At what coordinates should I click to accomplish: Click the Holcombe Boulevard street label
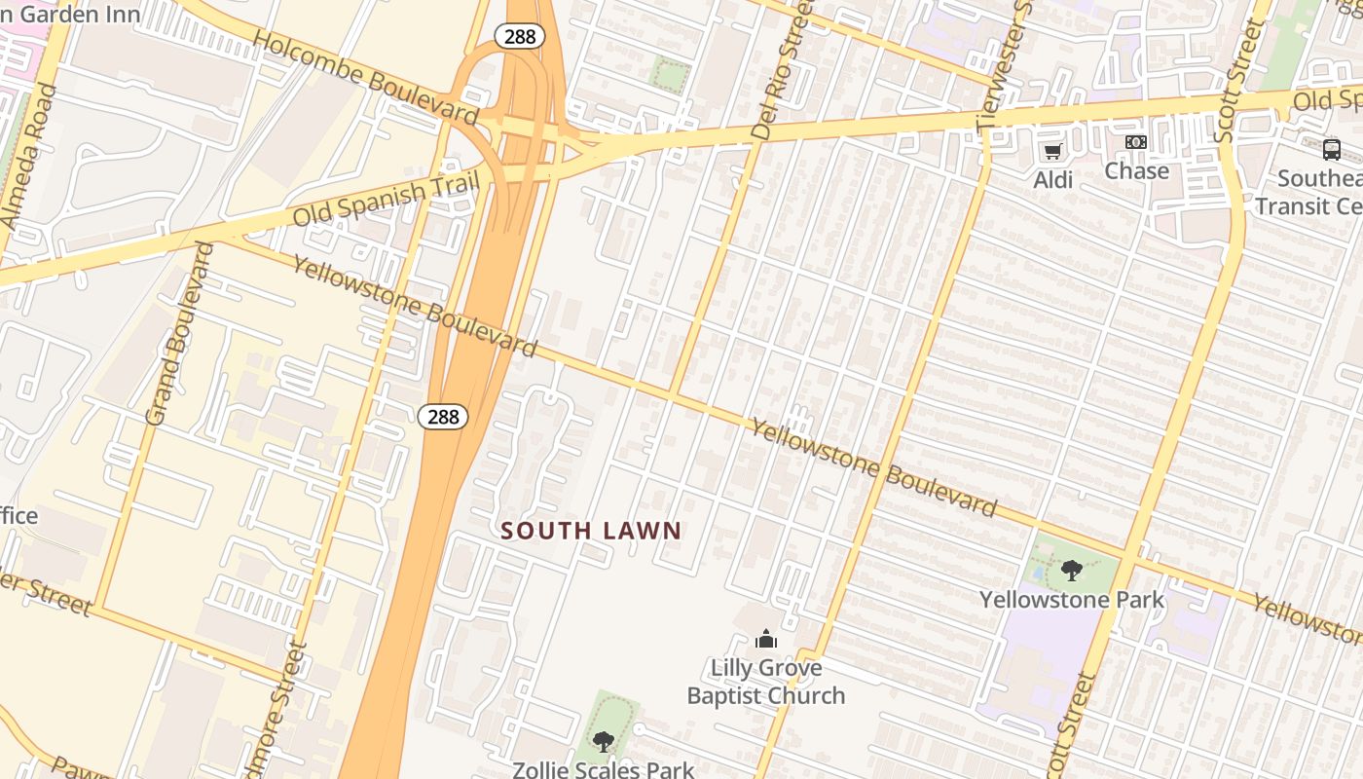[x=366, y=78]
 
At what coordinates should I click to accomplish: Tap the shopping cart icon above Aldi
[x=1052, y=152]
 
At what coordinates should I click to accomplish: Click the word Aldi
[x=1052, y=179]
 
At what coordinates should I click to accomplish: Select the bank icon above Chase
[x=1135, y=142]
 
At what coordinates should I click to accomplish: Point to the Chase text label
[x=1136, y=170]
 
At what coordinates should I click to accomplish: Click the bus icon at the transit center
[x=1331, y=150]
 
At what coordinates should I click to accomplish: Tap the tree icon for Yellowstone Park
[x=1071, y=571]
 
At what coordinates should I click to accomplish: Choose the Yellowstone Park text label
[x=1071, y=599]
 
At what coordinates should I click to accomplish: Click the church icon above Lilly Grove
[x=766, y=640]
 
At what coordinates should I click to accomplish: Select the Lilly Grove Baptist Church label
[x=766, y=682]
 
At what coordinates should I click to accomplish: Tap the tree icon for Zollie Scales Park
[x=604, y=742]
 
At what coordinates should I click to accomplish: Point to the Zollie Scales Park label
[x=604, y=769]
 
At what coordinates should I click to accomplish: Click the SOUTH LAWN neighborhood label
[x=591, y=531]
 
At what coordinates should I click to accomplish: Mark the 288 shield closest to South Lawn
[x=443, y=417]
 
